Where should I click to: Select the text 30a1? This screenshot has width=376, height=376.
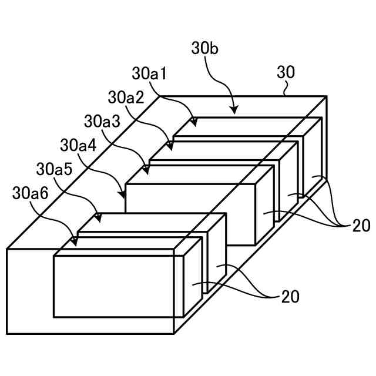point(150,74)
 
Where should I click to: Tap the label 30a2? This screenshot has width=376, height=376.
point(126,98)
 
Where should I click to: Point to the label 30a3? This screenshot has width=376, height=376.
point(102,121)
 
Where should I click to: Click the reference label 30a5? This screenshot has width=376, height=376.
point(54,169)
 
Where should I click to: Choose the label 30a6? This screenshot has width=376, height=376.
point(31,193)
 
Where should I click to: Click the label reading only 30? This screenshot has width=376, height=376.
point(286,73)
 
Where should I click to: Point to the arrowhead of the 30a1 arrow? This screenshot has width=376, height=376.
point(193,123)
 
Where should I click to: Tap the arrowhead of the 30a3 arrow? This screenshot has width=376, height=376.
point(146,170)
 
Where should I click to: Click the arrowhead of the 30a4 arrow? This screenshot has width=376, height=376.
point(123,194)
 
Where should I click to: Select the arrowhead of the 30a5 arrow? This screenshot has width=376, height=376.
point(99,219)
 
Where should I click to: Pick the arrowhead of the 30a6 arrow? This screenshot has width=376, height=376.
point(75,241)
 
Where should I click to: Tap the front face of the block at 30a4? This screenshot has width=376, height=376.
point(190,214)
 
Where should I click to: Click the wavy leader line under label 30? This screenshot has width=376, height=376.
point(286,89)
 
